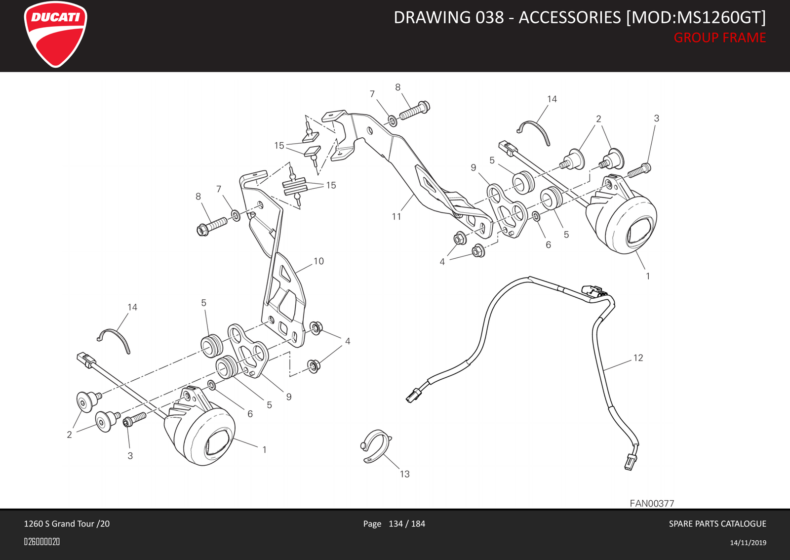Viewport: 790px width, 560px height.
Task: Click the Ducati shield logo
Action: [x=55, y=34]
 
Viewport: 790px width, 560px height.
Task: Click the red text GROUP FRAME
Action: [x=719, y=38]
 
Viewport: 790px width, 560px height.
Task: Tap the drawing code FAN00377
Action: [x=652, y=503]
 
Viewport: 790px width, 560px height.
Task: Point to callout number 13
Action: [x=404, y=474]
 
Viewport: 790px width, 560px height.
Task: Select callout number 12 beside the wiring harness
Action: [x=638, y=358]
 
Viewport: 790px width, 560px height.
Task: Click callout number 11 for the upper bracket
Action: [x=396, y=216]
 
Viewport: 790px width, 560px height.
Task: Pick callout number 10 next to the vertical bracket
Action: [x=318, y=261]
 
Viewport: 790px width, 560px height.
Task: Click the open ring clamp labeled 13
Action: [x=376, y=445]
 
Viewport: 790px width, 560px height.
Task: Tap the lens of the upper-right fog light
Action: [x=638, y=232]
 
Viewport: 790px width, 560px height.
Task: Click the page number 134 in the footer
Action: [x=395, y=523]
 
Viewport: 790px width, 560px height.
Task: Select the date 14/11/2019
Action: [x=748, y=543]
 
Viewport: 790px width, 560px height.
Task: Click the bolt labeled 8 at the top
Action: [x=414, y=111]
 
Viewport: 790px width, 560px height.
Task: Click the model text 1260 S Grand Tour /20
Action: [x=67, y=523]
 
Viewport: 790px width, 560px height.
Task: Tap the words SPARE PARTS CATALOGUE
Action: [x=717, y=523]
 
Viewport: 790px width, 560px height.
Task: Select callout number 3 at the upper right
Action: [x=656, y=119]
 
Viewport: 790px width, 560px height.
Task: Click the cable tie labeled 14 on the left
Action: [x=116, y=338]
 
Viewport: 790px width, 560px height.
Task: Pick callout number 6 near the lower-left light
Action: [x=250, y=414]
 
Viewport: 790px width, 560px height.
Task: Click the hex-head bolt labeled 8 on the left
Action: [x=211, y=227]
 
